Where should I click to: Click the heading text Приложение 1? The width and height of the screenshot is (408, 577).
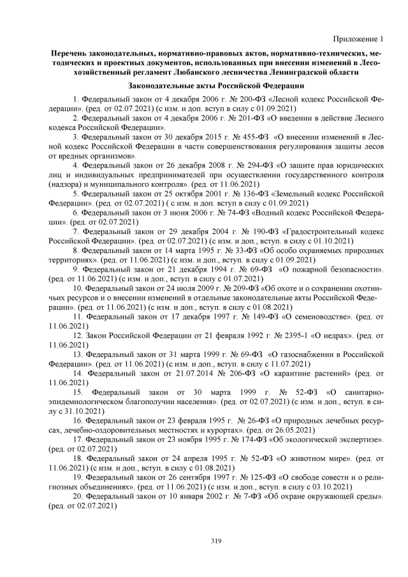coord(358,38)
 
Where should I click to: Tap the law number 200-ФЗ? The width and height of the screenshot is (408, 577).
coord(252,99)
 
